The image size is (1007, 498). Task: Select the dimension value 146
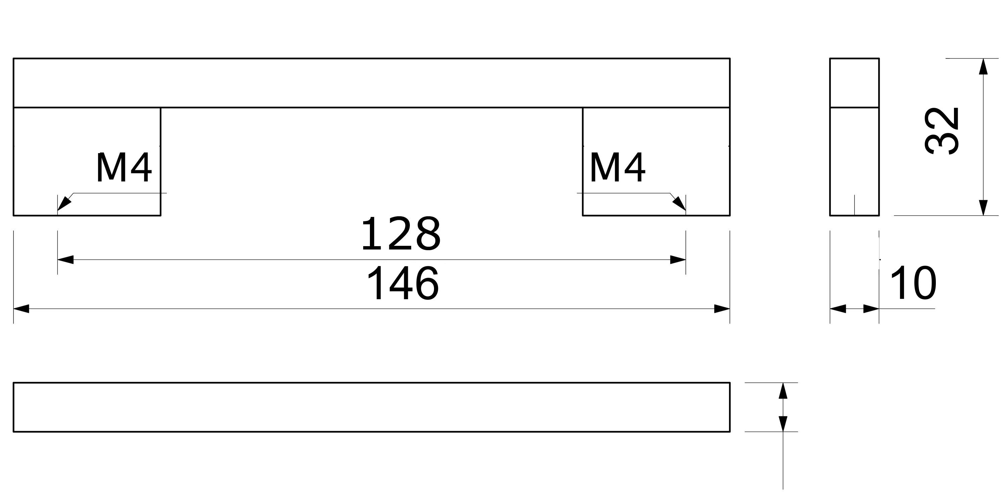[403, 284]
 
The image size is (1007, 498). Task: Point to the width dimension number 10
[913, 284]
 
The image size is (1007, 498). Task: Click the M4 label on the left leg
[124, 168]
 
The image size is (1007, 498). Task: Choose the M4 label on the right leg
[617, 168]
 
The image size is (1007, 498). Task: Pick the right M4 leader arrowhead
[679, 203]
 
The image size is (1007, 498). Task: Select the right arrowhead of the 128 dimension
[678, 259]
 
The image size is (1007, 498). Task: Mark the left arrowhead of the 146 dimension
[21, 309]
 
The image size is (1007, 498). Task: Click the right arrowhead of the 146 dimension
[722, 309]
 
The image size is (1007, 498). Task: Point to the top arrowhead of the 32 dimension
[983, 66]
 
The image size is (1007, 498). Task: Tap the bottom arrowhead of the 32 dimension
[983, 207]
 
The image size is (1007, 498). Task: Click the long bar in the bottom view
[371, 407]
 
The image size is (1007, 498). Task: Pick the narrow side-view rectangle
[855, 137]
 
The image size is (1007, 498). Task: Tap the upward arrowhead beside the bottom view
[783, 391]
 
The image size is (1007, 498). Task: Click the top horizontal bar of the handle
[371, 83]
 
